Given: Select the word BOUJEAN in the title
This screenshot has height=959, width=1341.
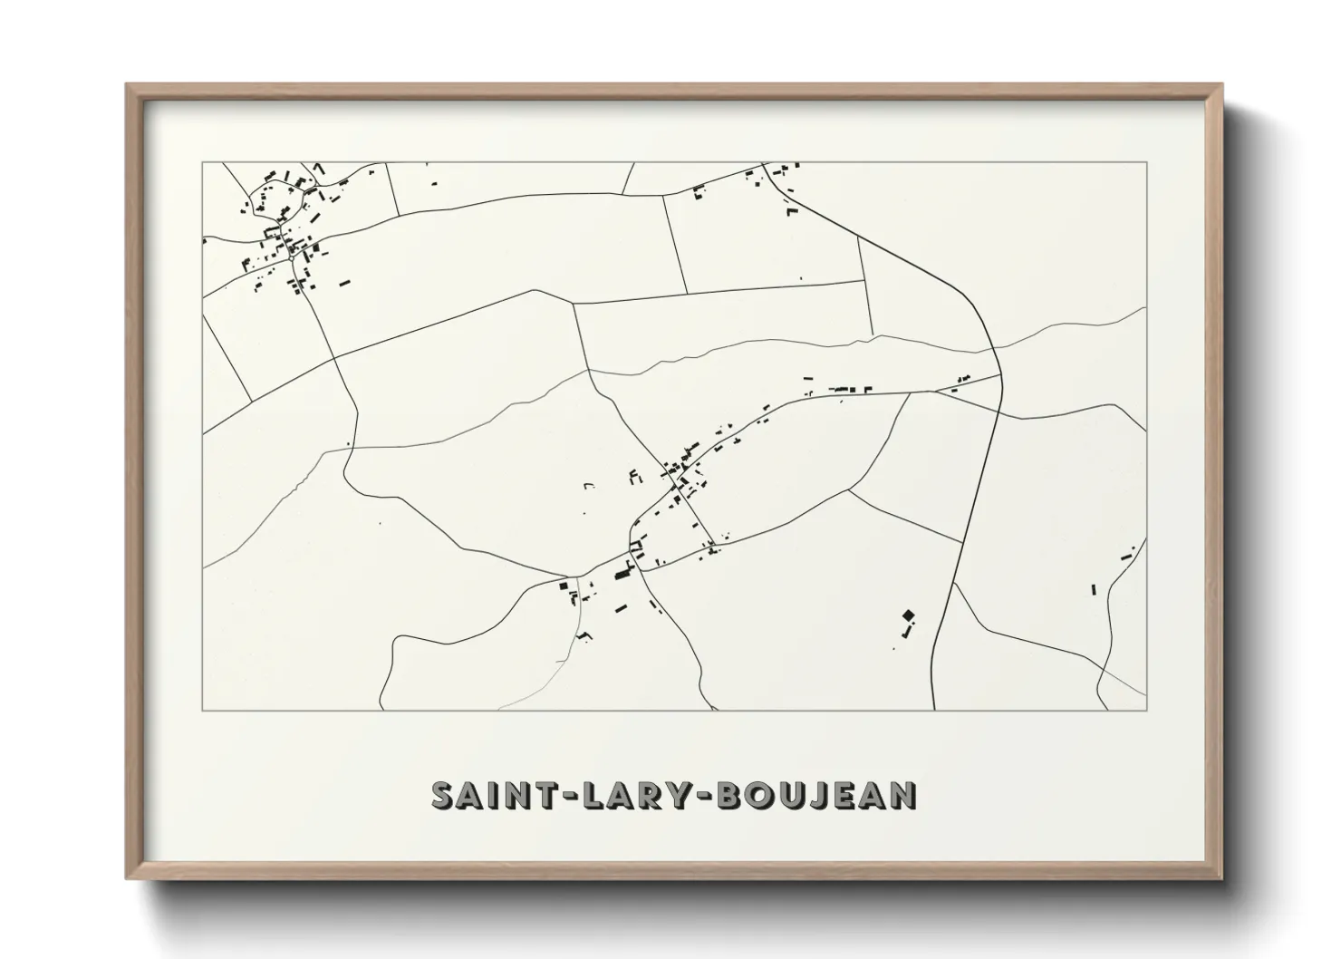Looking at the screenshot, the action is pos(816,795).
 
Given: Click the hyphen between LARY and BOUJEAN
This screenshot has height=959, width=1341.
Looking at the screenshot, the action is pos(706,797).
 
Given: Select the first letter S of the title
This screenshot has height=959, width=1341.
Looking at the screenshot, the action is pos(441,795).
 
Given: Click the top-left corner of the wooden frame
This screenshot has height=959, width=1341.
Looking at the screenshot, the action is pos(127,85).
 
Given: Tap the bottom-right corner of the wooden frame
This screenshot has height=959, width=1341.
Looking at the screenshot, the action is pos(1222,878).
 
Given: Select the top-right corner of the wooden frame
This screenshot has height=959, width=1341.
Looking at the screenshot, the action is pos(1222,85).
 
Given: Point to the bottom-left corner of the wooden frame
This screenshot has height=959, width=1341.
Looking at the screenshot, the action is pos(127,878).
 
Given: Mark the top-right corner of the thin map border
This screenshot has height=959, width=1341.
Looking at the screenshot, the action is pos(1146,162).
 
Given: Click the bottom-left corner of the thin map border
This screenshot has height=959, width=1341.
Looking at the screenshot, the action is pos(202,710).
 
